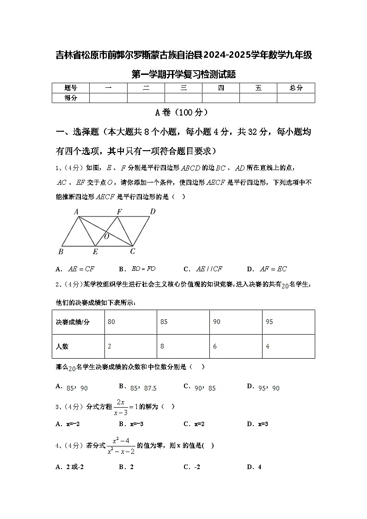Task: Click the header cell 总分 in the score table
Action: [x=296, y=88]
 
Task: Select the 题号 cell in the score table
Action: [x=70, y=88]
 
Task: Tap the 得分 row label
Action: [x=70, y=98]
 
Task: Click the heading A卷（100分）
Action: [x=183, y=112]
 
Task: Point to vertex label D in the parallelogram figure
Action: [x=153, y=212]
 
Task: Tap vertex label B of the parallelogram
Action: [x=61, y=251]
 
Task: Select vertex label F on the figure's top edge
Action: [x=119, y=212]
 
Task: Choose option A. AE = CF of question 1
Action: [x=75, y=269]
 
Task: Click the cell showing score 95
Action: [x=269, y=322]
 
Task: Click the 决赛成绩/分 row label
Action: [x=73, y=322]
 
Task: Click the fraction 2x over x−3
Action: [x=121, y=407]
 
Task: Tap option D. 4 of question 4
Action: [x=254, y=467]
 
